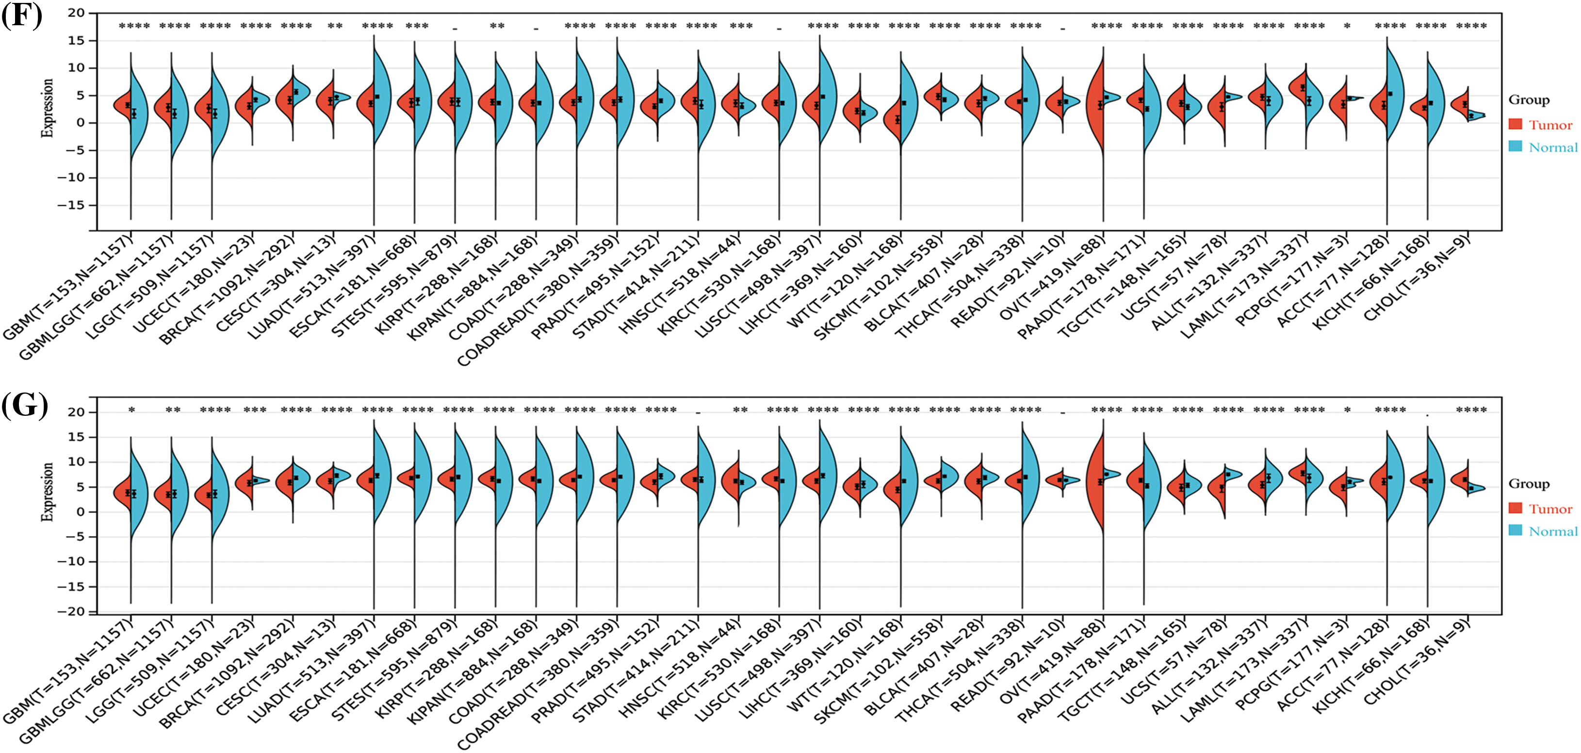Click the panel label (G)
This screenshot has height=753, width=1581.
pyautogui.click(x=25, y=406)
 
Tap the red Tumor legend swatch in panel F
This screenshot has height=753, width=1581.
pyautogui.click(x=1516, y=125)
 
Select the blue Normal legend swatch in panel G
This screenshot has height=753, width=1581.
pyautogui.click(x=1516, y=531)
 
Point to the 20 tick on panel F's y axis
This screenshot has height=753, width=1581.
pyautogui.click(x=77, y=13)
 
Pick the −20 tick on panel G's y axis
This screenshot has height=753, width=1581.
pyautogui.click(x=72, y=612)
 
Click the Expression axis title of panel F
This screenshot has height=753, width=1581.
pyautogui.click(x=47, y=109)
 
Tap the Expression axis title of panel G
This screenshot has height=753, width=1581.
pyautogui.click(x=47, y=492)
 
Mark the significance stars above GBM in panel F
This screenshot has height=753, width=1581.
pyautogui.click(x=134, y=26)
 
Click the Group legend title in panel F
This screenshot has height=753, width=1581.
pyautogui.click(x=1529, y=100)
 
